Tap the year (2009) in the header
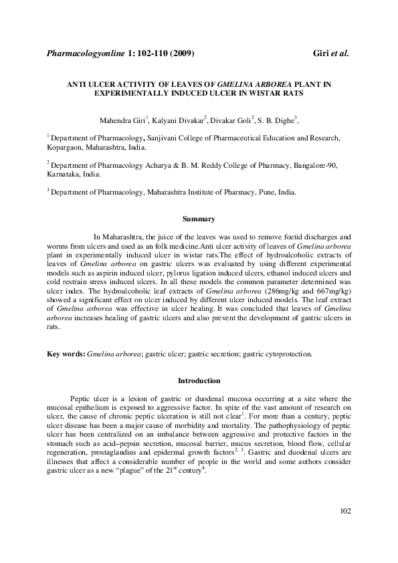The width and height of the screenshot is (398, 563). [x=182, y=53]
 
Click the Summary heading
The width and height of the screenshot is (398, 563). [x=199, y=219]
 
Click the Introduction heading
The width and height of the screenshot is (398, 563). [x=199, y=381]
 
